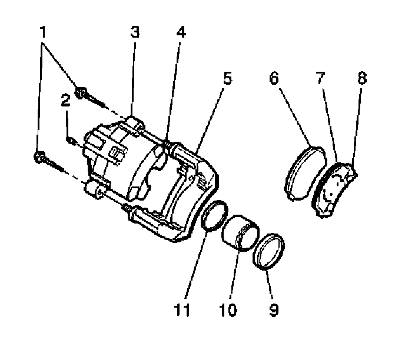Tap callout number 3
pos(135,32)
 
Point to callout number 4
pos(181,32)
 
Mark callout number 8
pos(361,77)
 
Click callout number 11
pos(184,310)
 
